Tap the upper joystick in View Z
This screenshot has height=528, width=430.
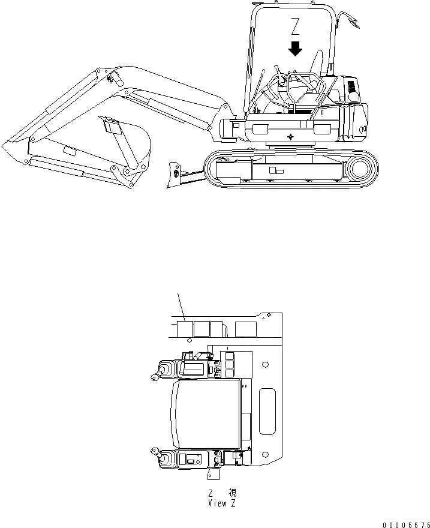click(x=166, y=369)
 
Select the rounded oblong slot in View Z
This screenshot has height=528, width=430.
click(x=267, y=411)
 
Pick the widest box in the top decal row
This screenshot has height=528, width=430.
click(x=246, y=328)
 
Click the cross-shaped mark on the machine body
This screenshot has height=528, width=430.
click(x=291, y=137)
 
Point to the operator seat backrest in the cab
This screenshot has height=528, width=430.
click(x=316, y=63)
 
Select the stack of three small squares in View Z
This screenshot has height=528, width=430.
click(x=231, y=363)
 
